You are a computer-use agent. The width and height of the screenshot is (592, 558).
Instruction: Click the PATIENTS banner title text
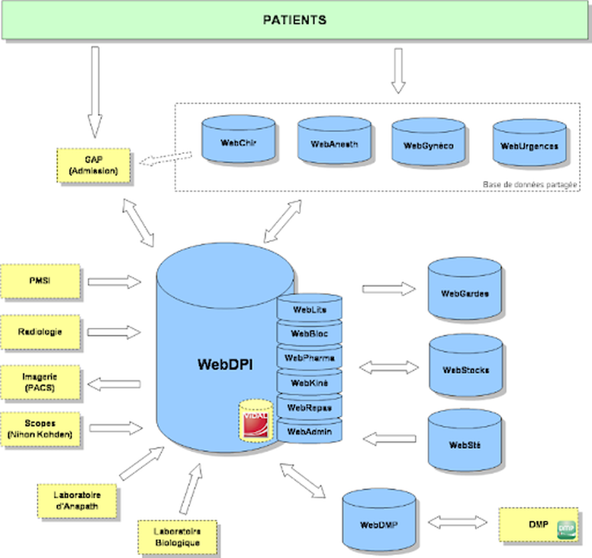[294, 20]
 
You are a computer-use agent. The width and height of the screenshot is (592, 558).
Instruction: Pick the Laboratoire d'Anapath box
[77, 500]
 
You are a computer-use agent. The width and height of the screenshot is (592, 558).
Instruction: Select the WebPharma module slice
[309, 358]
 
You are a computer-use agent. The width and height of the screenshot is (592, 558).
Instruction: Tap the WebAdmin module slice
[309, 431]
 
